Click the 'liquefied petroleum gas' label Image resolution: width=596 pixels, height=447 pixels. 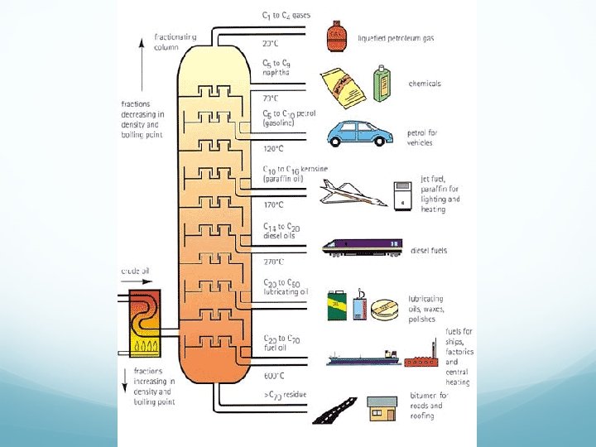coord(396,38)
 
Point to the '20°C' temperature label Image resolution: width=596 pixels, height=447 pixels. coord(271,43)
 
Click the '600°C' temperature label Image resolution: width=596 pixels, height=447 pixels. coord(273,375)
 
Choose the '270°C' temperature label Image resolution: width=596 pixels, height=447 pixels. coord(273,262)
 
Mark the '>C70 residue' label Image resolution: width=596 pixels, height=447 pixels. coord(285,395)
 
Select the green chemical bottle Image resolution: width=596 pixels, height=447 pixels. coord(382,84)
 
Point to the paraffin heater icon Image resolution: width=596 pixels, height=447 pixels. coord(402,195)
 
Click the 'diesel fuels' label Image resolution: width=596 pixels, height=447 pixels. coord(429,251)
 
